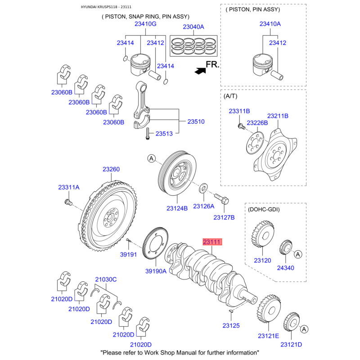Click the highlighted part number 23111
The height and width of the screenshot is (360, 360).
pos(212,242)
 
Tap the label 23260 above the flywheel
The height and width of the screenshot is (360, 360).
pos(111,170)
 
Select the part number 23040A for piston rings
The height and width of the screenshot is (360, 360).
pos(193,27)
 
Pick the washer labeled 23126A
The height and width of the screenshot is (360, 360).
pos(203,187)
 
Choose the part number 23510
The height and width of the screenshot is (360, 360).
pos(196,121)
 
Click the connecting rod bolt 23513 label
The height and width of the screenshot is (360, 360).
pos(164,134)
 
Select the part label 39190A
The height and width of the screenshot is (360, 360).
pos(156,271)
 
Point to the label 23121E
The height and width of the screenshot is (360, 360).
pos(268,336)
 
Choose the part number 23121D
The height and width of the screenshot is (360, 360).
pos(291,344)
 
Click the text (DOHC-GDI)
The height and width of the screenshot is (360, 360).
pos(265,210)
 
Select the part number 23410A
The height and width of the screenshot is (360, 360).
pos(270,24)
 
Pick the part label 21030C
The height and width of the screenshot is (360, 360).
pos(106,279)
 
